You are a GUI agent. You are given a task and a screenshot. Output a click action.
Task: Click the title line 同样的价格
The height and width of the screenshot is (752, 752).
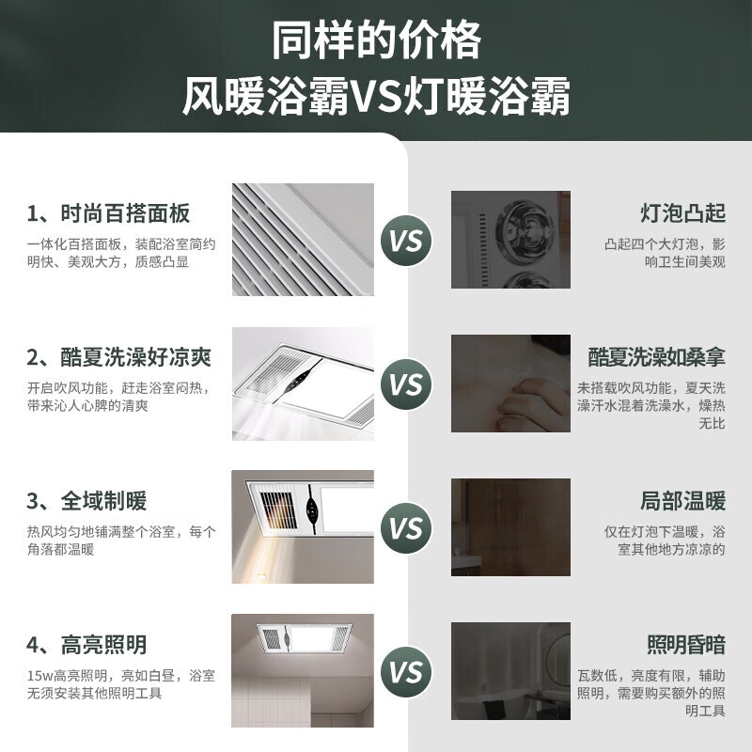376,41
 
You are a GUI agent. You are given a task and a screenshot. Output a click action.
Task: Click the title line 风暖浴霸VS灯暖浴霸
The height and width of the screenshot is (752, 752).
376,97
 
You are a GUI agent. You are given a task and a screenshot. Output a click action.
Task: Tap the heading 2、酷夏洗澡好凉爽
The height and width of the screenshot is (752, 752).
119,357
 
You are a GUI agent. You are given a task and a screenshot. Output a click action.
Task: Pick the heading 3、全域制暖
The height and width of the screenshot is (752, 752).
86,500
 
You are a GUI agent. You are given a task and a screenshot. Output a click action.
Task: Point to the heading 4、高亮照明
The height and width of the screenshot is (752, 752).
86,645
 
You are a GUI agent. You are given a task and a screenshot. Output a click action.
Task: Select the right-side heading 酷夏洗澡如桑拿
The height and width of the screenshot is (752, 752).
657,357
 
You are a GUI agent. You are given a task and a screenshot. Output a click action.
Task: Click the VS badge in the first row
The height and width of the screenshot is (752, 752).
407,241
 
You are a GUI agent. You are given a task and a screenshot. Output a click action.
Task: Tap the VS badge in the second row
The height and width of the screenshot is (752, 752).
407,384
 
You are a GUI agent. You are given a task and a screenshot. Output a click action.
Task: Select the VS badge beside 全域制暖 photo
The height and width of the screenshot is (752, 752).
407,528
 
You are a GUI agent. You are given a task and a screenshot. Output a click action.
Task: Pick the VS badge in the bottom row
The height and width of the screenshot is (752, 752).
407,672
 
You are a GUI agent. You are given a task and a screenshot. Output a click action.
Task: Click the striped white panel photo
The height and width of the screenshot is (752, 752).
303,239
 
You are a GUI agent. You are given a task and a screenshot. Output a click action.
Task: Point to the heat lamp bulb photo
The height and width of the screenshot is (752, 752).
510,239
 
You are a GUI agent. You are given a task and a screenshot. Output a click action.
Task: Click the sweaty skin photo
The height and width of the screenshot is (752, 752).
510,384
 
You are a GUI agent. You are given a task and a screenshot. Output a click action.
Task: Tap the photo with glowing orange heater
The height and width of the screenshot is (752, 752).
303,526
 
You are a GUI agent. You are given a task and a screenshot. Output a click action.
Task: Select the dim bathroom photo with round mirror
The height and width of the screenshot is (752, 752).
510,670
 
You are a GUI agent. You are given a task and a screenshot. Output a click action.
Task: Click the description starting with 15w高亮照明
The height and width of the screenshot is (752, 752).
121,684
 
